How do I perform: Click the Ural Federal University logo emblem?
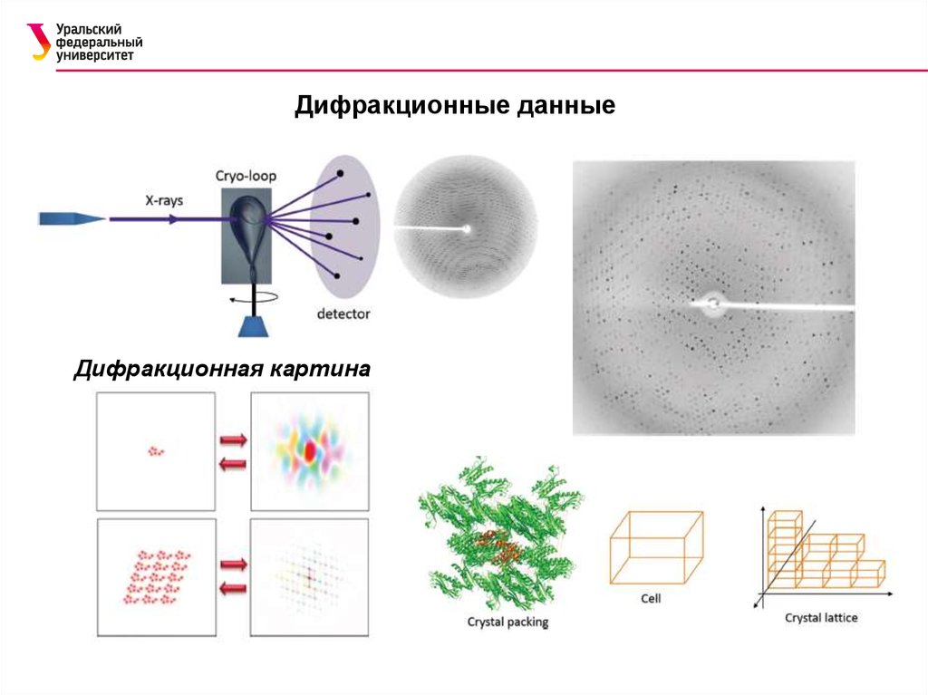(x=39, y=42)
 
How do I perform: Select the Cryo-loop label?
(x=246, y=176)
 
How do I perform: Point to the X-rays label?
(x=164, y=200)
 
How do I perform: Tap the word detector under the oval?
(x=343, y=314)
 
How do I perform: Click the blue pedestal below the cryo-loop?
(x=251, y=326)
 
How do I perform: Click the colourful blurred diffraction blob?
(x=309, y=449)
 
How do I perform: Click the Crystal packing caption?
(x=507, y=623)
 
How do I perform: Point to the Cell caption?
(x=651, y=598)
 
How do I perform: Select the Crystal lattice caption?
(x=821, y=618)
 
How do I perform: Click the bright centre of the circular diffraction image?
(x=467, y=229)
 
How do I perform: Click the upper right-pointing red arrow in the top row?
(x=233, y=440)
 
